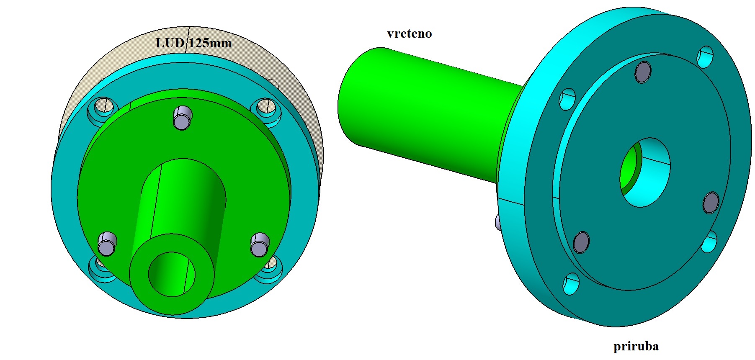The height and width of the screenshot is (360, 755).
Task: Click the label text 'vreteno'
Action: point(409,33)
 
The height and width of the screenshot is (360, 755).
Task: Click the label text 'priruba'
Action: point(636,346)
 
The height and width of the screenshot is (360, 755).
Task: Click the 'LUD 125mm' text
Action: point(193,43)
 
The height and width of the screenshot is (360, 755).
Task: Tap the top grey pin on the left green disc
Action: point(183,118)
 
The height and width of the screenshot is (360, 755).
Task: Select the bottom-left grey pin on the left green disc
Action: point(107,244)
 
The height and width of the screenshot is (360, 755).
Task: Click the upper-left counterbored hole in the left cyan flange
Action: point(102,108)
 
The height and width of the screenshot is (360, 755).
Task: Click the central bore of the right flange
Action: point(645,172)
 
